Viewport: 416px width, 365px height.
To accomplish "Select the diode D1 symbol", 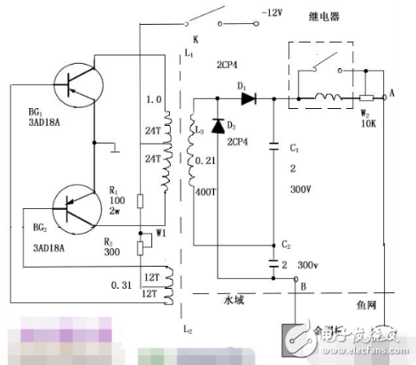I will pos(248,98).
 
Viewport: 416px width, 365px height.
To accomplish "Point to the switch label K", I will pos(195,41).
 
